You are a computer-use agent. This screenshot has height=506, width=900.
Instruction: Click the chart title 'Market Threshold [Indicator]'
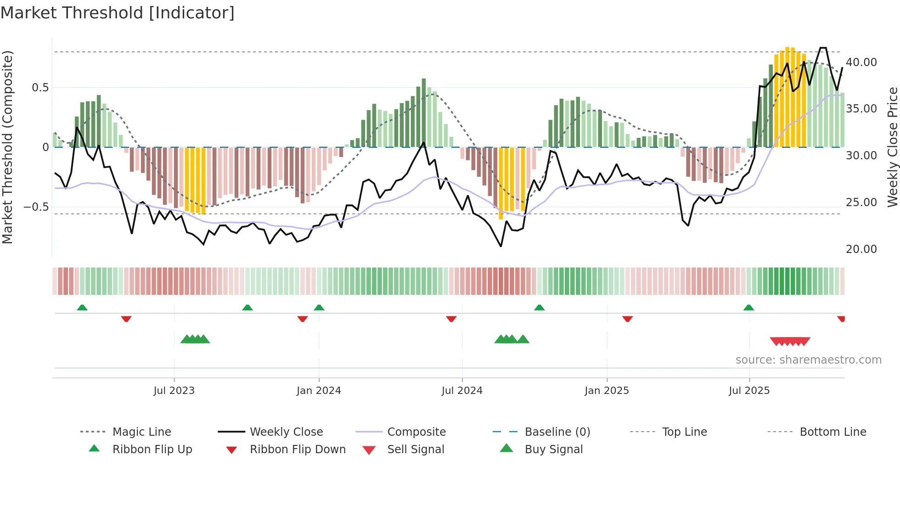[118, 13]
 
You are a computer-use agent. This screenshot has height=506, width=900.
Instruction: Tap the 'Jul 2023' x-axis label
[174, 391]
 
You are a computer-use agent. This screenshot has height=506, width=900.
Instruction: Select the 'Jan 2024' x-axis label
[319, 391]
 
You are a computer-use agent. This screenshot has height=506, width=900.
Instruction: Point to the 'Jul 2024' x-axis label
[462, 391]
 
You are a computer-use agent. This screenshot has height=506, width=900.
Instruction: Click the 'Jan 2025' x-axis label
[607, 391]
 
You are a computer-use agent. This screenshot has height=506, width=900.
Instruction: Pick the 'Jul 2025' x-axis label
[749, 391]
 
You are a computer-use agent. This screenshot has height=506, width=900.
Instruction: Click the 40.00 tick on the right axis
[861, 62]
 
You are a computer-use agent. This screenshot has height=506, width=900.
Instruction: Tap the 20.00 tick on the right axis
[861, 249]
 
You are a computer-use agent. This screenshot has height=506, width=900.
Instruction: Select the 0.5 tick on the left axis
[40, 88]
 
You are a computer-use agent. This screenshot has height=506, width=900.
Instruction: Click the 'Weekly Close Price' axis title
[892, 147]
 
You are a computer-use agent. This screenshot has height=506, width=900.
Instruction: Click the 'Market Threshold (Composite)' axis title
[7, 147]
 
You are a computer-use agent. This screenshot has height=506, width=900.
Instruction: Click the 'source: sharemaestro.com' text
[808, 360]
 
